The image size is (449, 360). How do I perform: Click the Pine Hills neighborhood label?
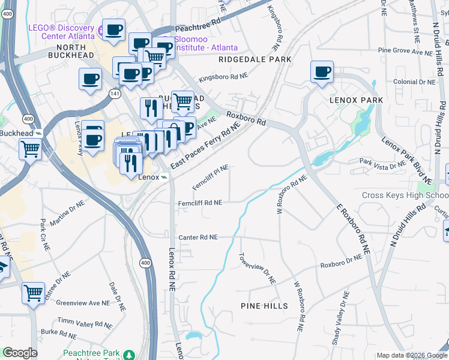pyautogui.click(x=264, y=306)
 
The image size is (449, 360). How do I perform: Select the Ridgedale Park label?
pyautogui.click(x=255, y=59)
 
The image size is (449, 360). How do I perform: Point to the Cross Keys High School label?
pyautogui.click(x=405, y=196)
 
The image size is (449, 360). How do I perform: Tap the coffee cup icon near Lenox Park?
pyautogui.click(x=322, y=72)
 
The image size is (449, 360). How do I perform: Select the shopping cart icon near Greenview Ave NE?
pyautogui.click(x=34, y=293)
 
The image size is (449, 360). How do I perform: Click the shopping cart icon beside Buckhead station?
pyautogui.click(x=30, y=148)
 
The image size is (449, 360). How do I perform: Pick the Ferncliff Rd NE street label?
pyautogui.click(x=200, y=203)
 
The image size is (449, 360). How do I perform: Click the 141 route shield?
pyautogui.click(x=115, y=94)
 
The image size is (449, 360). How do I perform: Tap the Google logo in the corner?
pyautogui.click(x=20, y=353)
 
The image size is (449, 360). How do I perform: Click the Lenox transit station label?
pyautogui.click(x=149, y=178)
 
